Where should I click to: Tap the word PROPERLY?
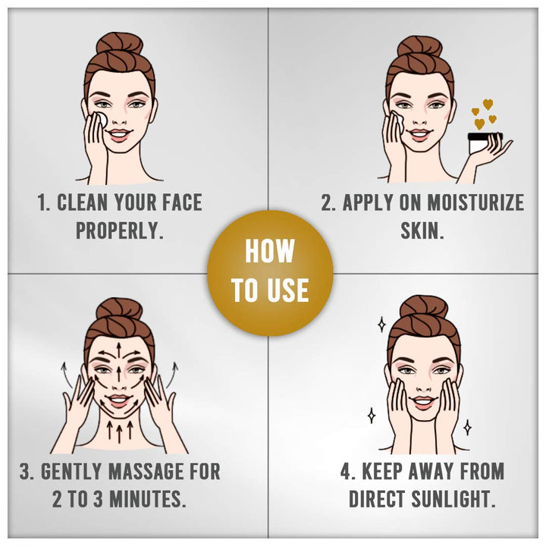[120, 231]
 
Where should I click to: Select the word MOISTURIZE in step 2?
[475, 202]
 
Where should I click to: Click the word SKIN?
[422, 231]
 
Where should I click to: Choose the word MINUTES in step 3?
[148, 499]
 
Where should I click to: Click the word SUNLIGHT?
[453, 499]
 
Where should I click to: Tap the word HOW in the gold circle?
[270, 251]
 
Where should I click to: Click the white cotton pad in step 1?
[102, 119]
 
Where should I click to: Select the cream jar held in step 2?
[484, 143]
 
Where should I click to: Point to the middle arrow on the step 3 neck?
[120, 432]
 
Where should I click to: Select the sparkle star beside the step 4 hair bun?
[382, 325]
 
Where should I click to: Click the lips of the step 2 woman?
[420, 135]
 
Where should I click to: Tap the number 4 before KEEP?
[345, 472]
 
